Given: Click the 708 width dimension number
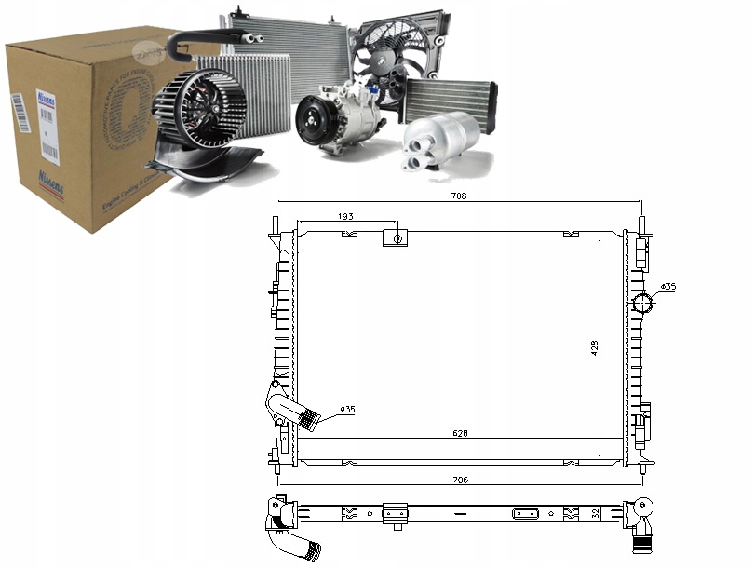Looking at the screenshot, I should click(x=458, y=196).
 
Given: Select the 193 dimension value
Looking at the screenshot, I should click(x=345, y=216).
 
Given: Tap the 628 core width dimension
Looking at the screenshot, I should click(x=460, y=433).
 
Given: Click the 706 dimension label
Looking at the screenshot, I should click(x=460, y=480).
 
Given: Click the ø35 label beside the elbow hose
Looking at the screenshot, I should click(x=347, y=409).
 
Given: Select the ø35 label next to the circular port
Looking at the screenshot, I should click(x=667, y=287).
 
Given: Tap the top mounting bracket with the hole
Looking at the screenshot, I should click(x=396, y=238).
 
